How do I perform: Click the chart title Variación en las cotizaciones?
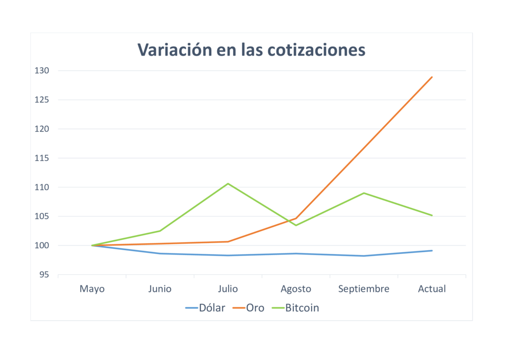(251, 50)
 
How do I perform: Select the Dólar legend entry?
(205, 308)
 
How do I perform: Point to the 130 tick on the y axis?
(42, 71)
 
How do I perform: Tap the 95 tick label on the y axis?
(44, 274)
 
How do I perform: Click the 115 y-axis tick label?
(42, 158)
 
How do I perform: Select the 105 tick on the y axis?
(42, 216)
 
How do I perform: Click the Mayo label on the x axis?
(92, 289)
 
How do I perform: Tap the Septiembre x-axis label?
(364, 289)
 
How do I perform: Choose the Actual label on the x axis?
(432, 289)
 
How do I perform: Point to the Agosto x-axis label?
(296, 289)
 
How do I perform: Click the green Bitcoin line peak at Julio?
(228, 183)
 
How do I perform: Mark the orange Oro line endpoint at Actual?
(432, 77)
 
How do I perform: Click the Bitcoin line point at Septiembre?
(364, 193)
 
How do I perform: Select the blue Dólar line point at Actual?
(432, 251)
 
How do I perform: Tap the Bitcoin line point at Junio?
(160, 231)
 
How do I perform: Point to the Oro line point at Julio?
(228, 242)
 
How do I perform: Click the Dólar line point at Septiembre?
(364, 256)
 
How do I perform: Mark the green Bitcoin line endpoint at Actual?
(432, 215)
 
